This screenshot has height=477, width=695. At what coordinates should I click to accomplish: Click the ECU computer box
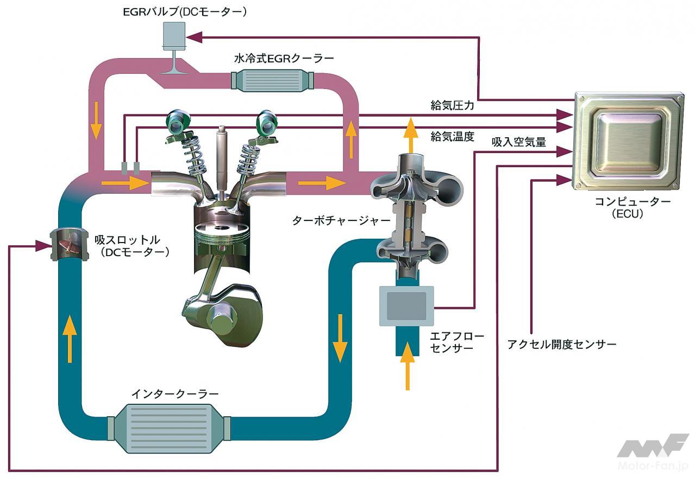[x=628, y=142]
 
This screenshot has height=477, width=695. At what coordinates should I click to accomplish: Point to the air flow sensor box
[x=406, y=306]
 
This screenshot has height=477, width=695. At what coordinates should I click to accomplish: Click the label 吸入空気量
[x=519, y=142]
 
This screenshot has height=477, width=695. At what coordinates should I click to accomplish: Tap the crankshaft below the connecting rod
[x=223, y=317]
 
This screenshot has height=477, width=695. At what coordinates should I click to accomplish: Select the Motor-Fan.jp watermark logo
[x=652, y=453]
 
